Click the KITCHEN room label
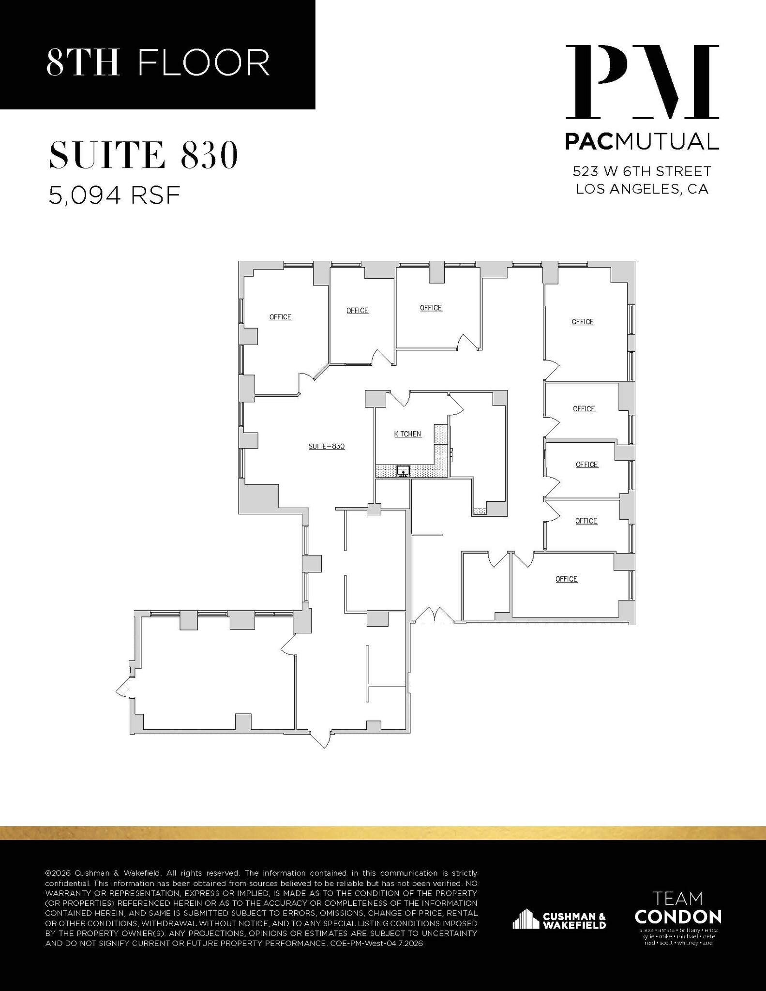(407, 434)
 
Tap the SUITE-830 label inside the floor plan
(327, 446)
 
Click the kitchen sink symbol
(403, 471)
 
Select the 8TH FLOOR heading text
(158, 62)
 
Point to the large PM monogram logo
(642, 82)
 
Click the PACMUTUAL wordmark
(642, 141)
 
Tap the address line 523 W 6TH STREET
(642, 171)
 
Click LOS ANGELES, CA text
(642, 189)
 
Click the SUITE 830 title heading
(143, 155)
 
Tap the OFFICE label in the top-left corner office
(280, 317)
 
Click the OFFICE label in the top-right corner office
(583, 322)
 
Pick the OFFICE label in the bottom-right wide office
(566, 579)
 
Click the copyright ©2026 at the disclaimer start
(58, 873)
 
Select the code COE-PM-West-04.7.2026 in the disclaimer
(375, 944)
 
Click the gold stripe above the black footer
(383, 833)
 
